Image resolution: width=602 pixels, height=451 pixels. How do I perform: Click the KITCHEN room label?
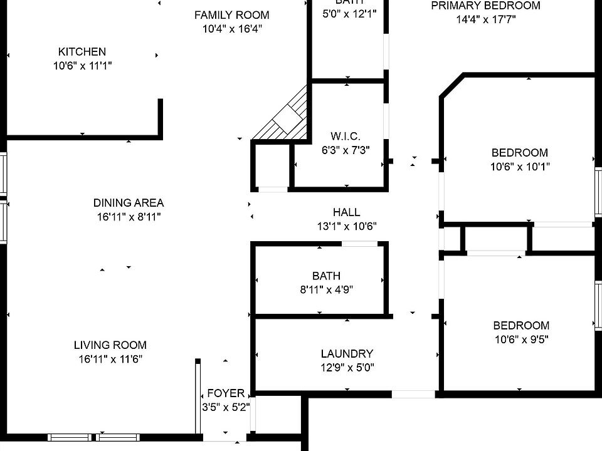click(x=82, y=52)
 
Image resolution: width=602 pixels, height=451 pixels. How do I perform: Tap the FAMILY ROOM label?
click(x=231, y=15)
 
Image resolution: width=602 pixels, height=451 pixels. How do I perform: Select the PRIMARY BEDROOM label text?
click(x=485, y=6)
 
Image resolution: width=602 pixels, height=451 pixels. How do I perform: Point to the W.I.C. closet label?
click(x=346, y=137)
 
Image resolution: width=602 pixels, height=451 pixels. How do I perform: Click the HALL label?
click(x=346, y=212)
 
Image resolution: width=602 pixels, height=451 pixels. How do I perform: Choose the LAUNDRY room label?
click(x=347, y=354)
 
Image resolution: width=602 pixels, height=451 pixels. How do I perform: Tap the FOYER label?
click(x=226, y=393)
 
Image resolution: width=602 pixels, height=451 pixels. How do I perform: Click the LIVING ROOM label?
click(x=110, y=345)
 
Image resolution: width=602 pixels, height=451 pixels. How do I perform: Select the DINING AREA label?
click(x=129, y=203)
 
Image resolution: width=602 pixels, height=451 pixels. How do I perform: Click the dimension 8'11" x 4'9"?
click(x=327, y=289)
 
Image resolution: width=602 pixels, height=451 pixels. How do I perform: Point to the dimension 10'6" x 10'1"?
click(x=520, y=167)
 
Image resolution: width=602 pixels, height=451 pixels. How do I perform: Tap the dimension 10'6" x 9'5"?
click(x=520, y=340)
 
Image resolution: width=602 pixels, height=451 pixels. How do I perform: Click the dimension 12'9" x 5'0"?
click(x=347, y=368)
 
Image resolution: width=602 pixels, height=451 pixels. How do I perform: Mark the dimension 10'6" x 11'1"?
click(x=82, y=65)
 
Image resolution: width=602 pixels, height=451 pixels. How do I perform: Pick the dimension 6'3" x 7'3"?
click(x=346, y=150)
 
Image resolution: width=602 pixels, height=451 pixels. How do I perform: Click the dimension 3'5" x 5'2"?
click(x=226, y=407)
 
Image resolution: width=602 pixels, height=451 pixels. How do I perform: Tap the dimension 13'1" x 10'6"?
click(x=346, y=226)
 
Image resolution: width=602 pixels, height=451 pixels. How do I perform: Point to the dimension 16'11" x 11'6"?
click(x=110, y=360)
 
